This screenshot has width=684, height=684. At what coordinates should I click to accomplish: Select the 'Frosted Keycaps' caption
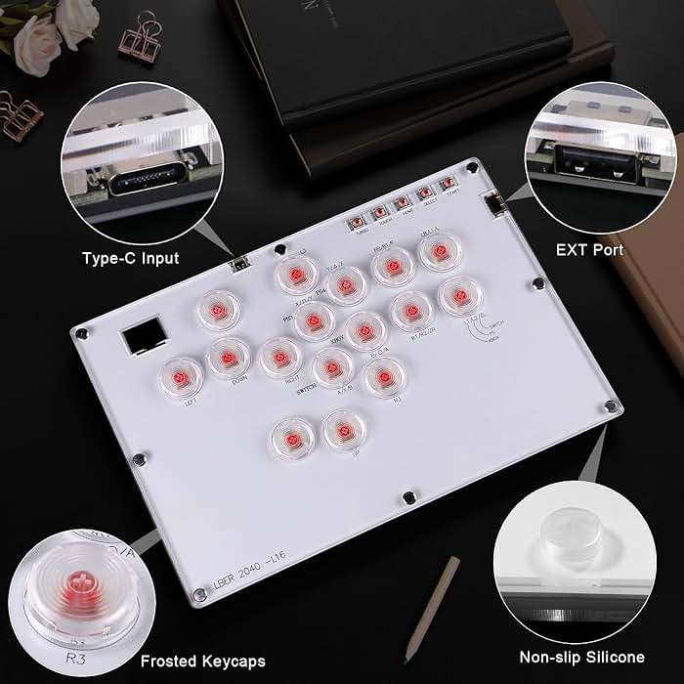pyautogui.click(x=202, y=662)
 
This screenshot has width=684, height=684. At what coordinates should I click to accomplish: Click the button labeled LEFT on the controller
pyautogui.click(x=182, y=375)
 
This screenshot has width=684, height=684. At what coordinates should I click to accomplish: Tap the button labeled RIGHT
pyautogui.click(x=279, y=357)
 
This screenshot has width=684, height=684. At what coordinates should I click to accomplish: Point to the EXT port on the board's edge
pyautogui.click(x=493, y=205)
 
